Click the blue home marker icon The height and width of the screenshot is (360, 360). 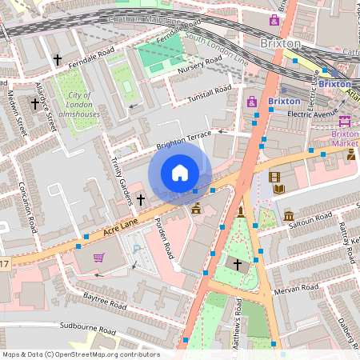[x=180, y=173]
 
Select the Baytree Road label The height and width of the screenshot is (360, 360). [x=104, y=302]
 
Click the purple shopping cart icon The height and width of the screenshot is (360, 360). [x=98, y=258]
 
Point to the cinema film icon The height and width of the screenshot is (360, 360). [x=274, y=177]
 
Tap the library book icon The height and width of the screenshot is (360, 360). [x=278, y=190]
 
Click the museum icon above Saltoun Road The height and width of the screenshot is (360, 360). [x=289, y=216]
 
